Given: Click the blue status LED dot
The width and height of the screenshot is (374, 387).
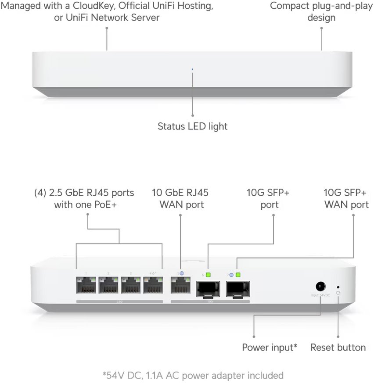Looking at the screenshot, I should [x=192, y=69].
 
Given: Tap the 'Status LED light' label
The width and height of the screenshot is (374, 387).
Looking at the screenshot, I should [x=192, y=126].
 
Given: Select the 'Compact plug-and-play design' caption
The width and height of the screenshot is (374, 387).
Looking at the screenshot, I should [x=321, y=12].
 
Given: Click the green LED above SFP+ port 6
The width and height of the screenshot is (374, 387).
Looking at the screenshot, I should [x=208, y=275].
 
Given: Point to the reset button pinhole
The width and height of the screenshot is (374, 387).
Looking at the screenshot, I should [x=338, y=286].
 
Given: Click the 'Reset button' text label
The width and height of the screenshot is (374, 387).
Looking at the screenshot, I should [x=338, y=348].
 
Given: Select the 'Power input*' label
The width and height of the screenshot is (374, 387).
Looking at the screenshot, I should [x=270, y=348].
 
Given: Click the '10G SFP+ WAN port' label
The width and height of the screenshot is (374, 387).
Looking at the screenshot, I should [x=346, y=198].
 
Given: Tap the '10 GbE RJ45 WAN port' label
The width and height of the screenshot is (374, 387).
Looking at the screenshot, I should [x=180, y=198].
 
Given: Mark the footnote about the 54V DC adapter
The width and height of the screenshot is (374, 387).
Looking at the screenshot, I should [x=193, y=375].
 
